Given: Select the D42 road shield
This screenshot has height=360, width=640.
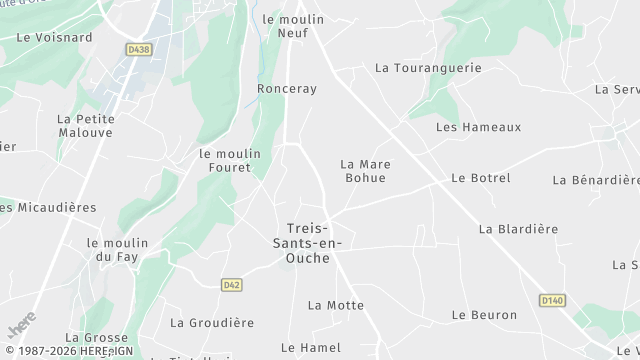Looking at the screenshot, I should [232, 285].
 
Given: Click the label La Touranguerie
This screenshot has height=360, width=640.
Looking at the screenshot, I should [428, 68].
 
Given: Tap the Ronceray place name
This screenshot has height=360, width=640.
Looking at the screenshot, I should [287, 89].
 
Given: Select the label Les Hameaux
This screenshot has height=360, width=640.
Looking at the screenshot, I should [479, 127].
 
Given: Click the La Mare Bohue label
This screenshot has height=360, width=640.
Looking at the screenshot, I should [365, 171].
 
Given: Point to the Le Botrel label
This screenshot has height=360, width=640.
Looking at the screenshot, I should [481, 178].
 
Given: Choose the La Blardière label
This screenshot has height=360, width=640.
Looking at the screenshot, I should [518, 229].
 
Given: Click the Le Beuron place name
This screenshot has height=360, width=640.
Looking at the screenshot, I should [485, 315].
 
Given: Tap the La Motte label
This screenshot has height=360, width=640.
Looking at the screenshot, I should [336, 305].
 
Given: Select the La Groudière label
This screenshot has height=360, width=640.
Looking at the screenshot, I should [212, 323].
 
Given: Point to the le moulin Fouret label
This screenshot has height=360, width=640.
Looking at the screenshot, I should [230, 161].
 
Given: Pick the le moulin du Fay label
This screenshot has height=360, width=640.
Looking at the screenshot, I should [117, 250].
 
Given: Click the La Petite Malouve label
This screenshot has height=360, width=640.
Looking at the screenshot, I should [86, 126].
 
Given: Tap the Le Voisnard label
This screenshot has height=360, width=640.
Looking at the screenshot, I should [54, 37].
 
